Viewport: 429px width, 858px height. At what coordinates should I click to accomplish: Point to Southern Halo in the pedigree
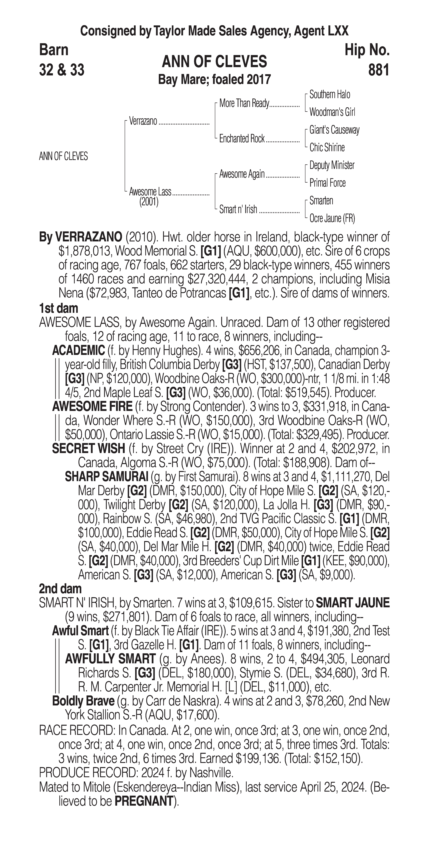[330, 95]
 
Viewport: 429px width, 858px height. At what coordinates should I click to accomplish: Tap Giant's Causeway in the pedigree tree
[334, 130]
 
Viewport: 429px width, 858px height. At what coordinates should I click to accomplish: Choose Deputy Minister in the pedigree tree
[332, 165]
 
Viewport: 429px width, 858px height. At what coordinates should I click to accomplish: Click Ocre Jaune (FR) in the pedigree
[332, 218]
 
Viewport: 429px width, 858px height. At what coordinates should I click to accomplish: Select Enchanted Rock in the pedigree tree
[242, 139]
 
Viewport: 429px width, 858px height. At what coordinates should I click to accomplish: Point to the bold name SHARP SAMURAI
[106, 477]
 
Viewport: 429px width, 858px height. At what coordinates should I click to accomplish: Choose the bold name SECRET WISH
[88, 449]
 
